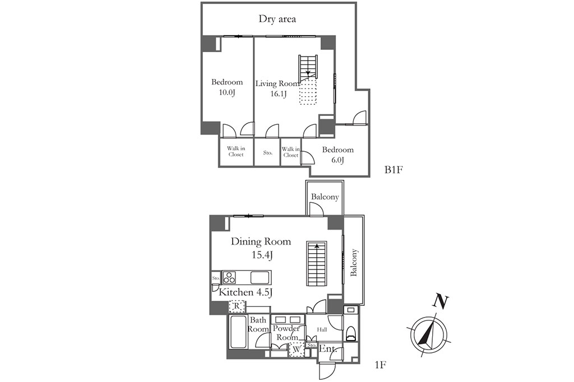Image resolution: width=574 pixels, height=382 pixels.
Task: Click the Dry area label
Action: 277,19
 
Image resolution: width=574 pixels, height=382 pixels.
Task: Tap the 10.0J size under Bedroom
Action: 226,92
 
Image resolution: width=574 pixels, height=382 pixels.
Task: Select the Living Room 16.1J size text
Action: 278,94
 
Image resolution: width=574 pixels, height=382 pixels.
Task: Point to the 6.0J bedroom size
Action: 337,160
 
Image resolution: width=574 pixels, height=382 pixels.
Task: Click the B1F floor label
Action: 394,170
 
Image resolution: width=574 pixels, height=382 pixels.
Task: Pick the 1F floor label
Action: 381,365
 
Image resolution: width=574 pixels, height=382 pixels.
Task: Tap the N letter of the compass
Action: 441,302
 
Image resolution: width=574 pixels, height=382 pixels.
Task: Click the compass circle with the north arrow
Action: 428,335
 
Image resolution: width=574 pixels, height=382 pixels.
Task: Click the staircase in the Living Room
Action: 308,68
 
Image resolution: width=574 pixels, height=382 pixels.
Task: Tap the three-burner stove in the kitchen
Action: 229,277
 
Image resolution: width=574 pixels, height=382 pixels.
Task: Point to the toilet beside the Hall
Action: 351,332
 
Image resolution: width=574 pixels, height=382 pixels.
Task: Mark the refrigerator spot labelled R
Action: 237,305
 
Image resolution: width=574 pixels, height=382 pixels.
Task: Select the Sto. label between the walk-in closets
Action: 267,152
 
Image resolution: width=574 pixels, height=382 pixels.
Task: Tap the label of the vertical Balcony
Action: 354,262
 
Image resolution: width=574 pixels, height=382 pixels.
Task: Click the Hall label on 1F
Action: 322,330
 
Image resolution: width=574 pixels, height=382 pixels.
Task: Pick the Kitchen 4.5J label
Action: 245,292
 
